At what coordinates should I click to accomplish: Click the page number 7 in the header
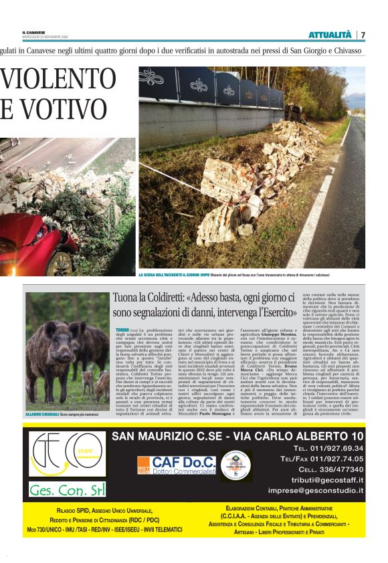pos(363,35)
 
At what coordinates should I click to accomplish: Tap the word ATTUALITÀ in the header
pos(330,35)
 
